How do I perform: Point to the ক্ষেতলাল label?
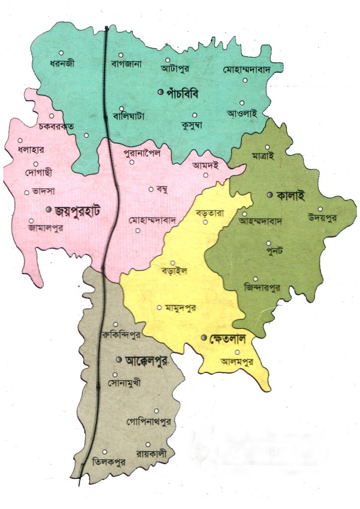[228, 339]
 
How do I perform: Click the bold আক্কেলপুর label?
[146, 359]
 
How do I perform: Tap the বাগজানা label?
[127, 64]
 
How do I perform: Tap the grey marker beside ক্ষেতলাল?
[203, 339]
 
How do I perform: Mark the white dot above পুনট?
[269, 243]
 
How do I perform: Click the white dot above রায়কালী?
[148, 444]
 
